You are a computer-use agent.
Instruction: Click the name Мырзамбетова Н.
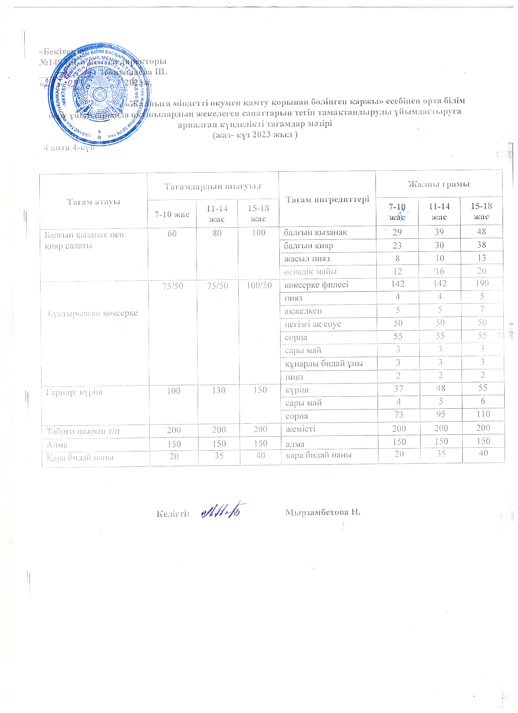point(323,511)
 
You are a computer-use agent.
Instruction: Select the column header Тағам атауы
point(93,202)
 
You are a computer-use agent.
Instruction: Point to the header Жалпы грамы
point(439,184)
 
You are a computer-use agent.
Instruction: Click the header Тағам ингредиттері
point(327,199)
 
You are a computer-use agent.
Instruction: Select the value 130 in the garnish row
point(219,390)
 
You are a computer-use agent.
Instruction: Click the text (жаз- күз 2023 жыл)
point(255,135)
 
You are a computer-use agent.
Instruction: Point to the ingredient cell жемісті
point(300,428)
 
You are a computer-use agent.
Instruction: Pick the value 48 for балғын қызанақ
point(482,232)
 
